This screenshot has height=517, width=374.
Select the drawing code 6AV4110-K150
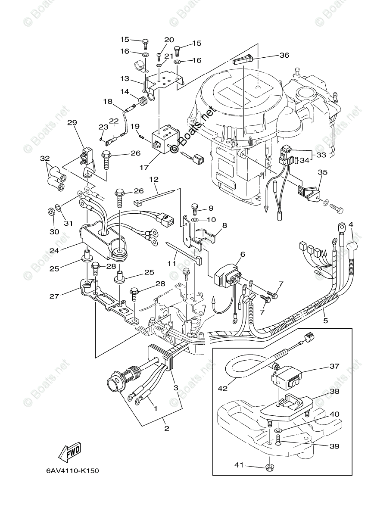pos(72,470)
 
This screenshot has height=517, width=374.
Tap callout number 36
pos(284,55)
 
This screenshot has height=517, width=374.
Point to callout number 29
pos(72,123)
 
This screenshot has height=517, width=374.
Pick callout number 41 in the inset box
pos(240,465)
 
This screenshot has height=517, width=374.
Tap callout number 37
pos(334,366)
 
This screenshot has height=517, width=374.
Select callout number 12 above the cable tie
pos(154,179)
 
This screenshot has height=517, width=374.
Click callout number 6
pos(242,255)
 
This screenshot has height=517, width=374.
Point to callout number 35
pos(322,172)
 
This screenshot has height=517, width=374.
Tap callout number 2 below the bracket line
pos(166,428)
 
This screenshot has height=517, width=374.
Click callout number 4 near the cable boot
pos(351,224)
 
